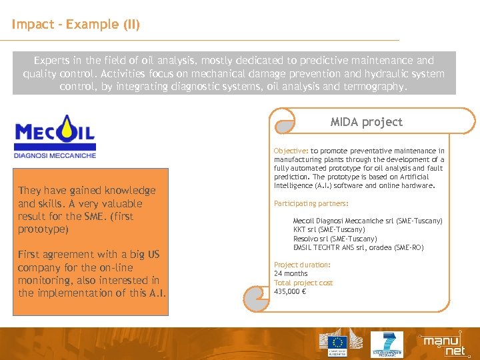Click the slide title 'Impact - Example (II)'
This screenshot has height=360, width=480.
click(75, 25)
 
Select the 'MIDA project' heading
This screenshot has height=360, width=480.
click(367, 122)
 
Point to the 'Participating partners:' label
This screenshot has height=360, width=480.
click(311, 204)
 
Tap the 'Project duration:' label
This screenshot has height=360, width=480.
click(302, 265)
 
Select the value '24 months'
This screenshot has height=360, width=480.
click(291, 273)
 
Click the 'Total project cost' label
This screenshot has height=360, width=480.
click(303, 283)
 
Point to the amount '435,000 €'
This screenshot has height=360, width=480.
click(290, 291)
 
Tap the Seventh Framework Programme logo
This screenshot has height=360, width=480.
click(386, 344)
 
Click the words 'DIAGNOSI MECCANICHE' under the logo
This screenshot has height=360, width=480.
click(55, 155)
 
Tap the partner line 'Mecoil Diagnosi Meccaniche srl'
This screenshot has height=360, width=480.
click(367, 221)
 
